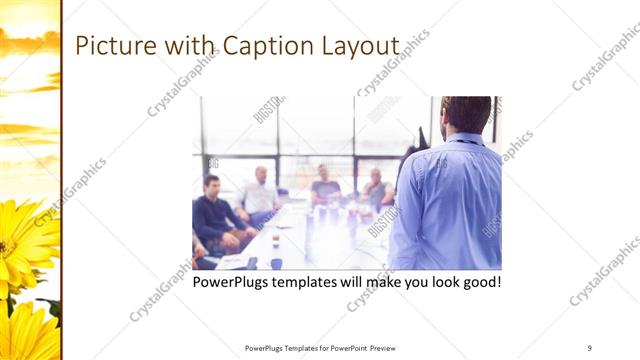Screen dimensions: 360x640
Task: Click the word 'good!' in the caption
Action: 479,283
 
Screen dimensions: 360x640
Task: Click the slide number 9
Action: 590,347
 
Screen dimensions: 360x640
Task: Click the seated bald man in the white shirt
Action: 260,191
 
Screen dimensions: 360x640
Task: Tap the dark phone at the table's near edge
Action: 251,263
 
